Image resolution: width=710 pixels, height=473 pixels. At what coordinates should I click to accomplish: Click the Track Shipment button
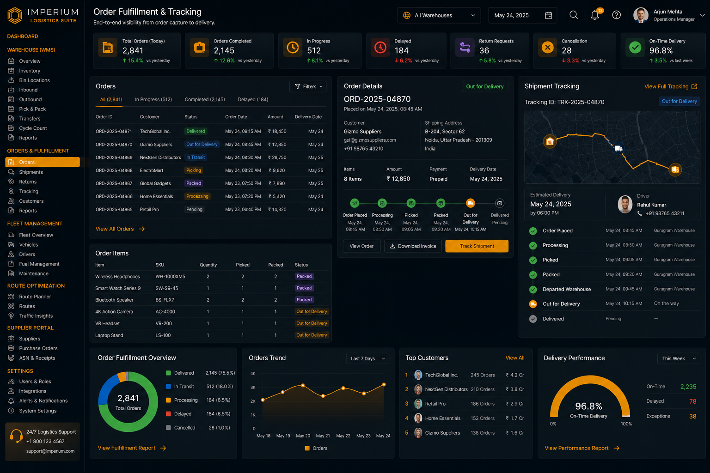(477, 246)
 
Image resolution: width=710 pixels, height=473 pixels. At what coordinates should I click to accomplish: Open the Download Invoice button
(413, 246)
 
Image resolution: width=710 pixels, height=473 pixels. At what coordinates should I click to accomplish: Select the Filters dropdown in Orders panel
(308, 86)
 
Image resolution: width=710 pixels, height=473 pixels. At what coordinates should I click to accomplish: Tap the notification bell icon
(594, 15)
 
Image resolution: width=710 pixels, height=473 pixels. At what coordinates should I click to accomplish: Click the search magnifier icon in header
(573, 15)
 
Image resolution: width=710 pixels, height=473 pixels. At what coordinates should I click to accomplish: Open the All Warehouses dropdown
(439, 15)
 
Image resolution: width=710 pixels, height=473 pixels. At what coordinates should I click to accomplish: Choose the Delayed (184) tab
(253, 99)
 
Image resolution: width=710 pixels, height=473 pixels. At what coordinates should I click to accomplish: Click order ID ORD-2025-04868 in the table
(114, 170)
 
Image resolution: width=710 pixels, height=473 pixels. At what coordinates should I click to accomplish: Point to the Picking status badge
(194, 170)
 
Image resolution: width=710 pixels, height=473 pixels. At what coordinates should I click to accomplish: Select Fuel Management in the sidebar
(39, 264)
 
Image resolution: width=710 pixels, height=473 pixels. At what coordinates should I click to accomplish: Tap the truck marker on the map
(618, 148)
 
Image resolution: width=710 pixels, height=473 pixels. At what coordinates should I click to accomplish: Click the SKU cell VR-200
(164, 323)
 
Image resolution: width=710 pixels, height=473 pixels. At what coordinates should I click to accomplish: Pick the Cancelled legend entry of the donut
(184, 428)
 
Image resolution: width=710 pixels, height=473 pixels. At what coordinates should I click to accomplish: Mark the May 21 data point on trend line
(323, 396)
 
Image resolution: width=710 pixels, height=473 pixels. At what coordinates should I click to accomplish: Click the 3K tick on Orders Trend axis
(253, 388)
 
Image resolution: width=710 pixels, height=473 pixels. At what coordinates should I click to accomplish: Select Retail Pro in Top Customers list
(435, 404)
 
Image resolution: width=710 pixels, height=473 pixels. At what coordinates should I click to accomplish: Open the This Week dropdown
(679, 358)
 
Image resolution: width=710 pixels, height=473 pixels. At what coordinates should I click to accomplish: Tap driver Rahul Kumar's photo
(625, 204)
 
